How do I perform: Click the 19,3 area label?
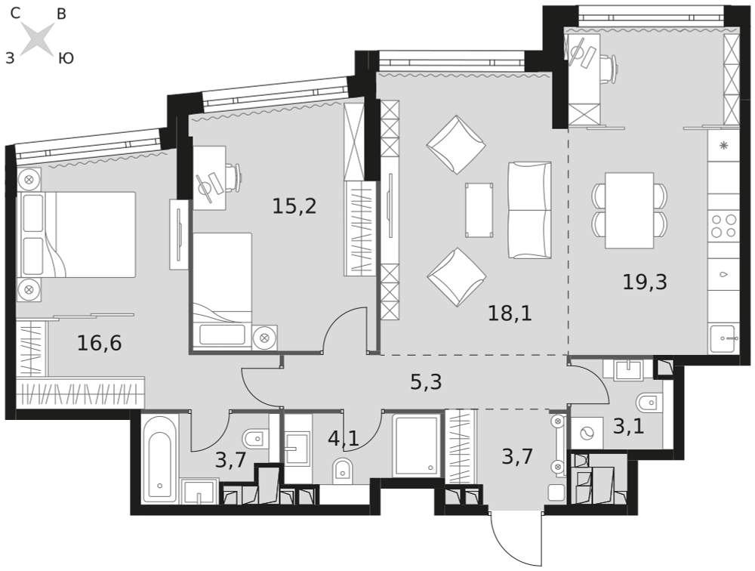coord(645,282)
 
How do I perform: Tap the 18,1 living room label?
coord(510,313)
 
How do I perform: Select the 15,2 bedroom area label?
coord(294,206)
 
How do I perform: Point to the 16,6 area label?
coord(99,343)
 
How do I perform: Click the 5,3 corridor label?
coord(426,382)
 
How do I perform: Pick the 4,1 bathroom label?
coord(344,439)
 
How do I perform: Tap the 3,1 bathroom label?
coord(628,426)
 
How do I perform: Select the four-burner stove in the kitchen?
coord(724,226)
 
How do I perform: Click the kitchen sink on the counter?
coord(724,338)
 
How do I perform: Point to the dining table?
coord(630,210)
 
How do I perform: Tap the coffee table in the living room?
coord(479,210)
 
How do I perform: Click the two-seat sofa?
coord(530,210)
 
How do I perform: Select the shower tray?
coord(417,444)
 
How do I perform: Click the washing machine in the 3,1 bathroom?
coord(586,433)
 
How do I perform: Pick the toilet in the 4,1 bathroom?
coord(343,468)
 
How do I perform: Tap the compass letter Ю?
coord(66,59)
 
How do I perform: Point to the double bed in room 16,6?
coord(76,235)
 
